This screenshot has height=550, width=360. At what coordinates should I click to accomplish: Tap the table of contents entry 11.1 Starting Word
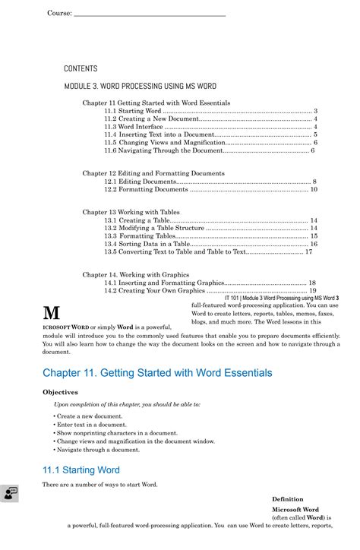(132, 111)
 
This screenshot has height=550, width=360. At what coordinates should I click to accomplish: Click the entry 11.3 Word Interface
(134, 127)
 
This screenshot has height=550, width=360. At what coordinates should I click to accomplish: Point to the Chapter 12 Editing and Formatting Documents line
(153, 173)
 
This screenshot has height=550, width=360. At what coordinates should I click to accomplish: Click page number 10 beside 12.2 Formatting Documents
(314, 189)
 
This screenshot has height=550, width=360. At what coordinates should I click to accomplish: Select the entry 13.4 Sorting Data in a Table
(147, 244)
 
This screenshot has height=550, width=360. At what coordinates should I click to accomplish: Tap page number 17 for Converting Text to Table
(308, 251)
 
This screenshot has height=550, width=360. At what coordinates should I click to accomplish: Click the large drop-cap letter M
(52, 313)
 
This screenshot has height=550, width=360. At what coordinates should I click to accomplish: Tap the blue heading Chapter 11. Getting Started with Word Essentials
(157, 373)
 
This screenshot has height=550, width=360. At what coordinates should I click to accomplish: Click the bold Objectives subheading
(60, 392)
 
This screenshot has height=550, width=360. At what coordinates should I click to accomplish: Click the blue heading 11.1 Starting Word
(81, 470)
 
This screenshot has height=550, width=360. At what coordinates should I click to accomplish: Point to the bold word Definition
(287, 499)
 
